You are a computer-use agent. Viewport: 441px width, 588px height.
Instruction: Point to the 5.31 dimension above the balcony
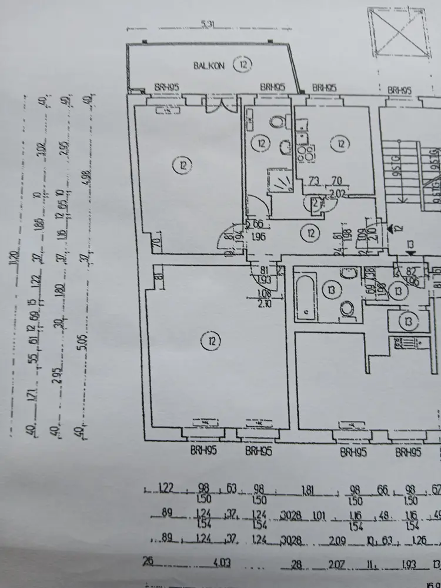[x=206, y=24]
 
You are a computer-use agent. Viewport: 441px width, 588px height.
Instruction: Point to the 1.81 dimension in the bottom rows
[x=307, y=489]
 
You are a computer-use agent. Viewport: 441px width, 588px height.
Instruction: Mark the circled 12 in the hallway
[x=309, y=234]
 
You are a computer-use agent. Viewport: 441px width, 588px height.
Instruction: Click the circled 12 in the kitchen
[x=340, y=143]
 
